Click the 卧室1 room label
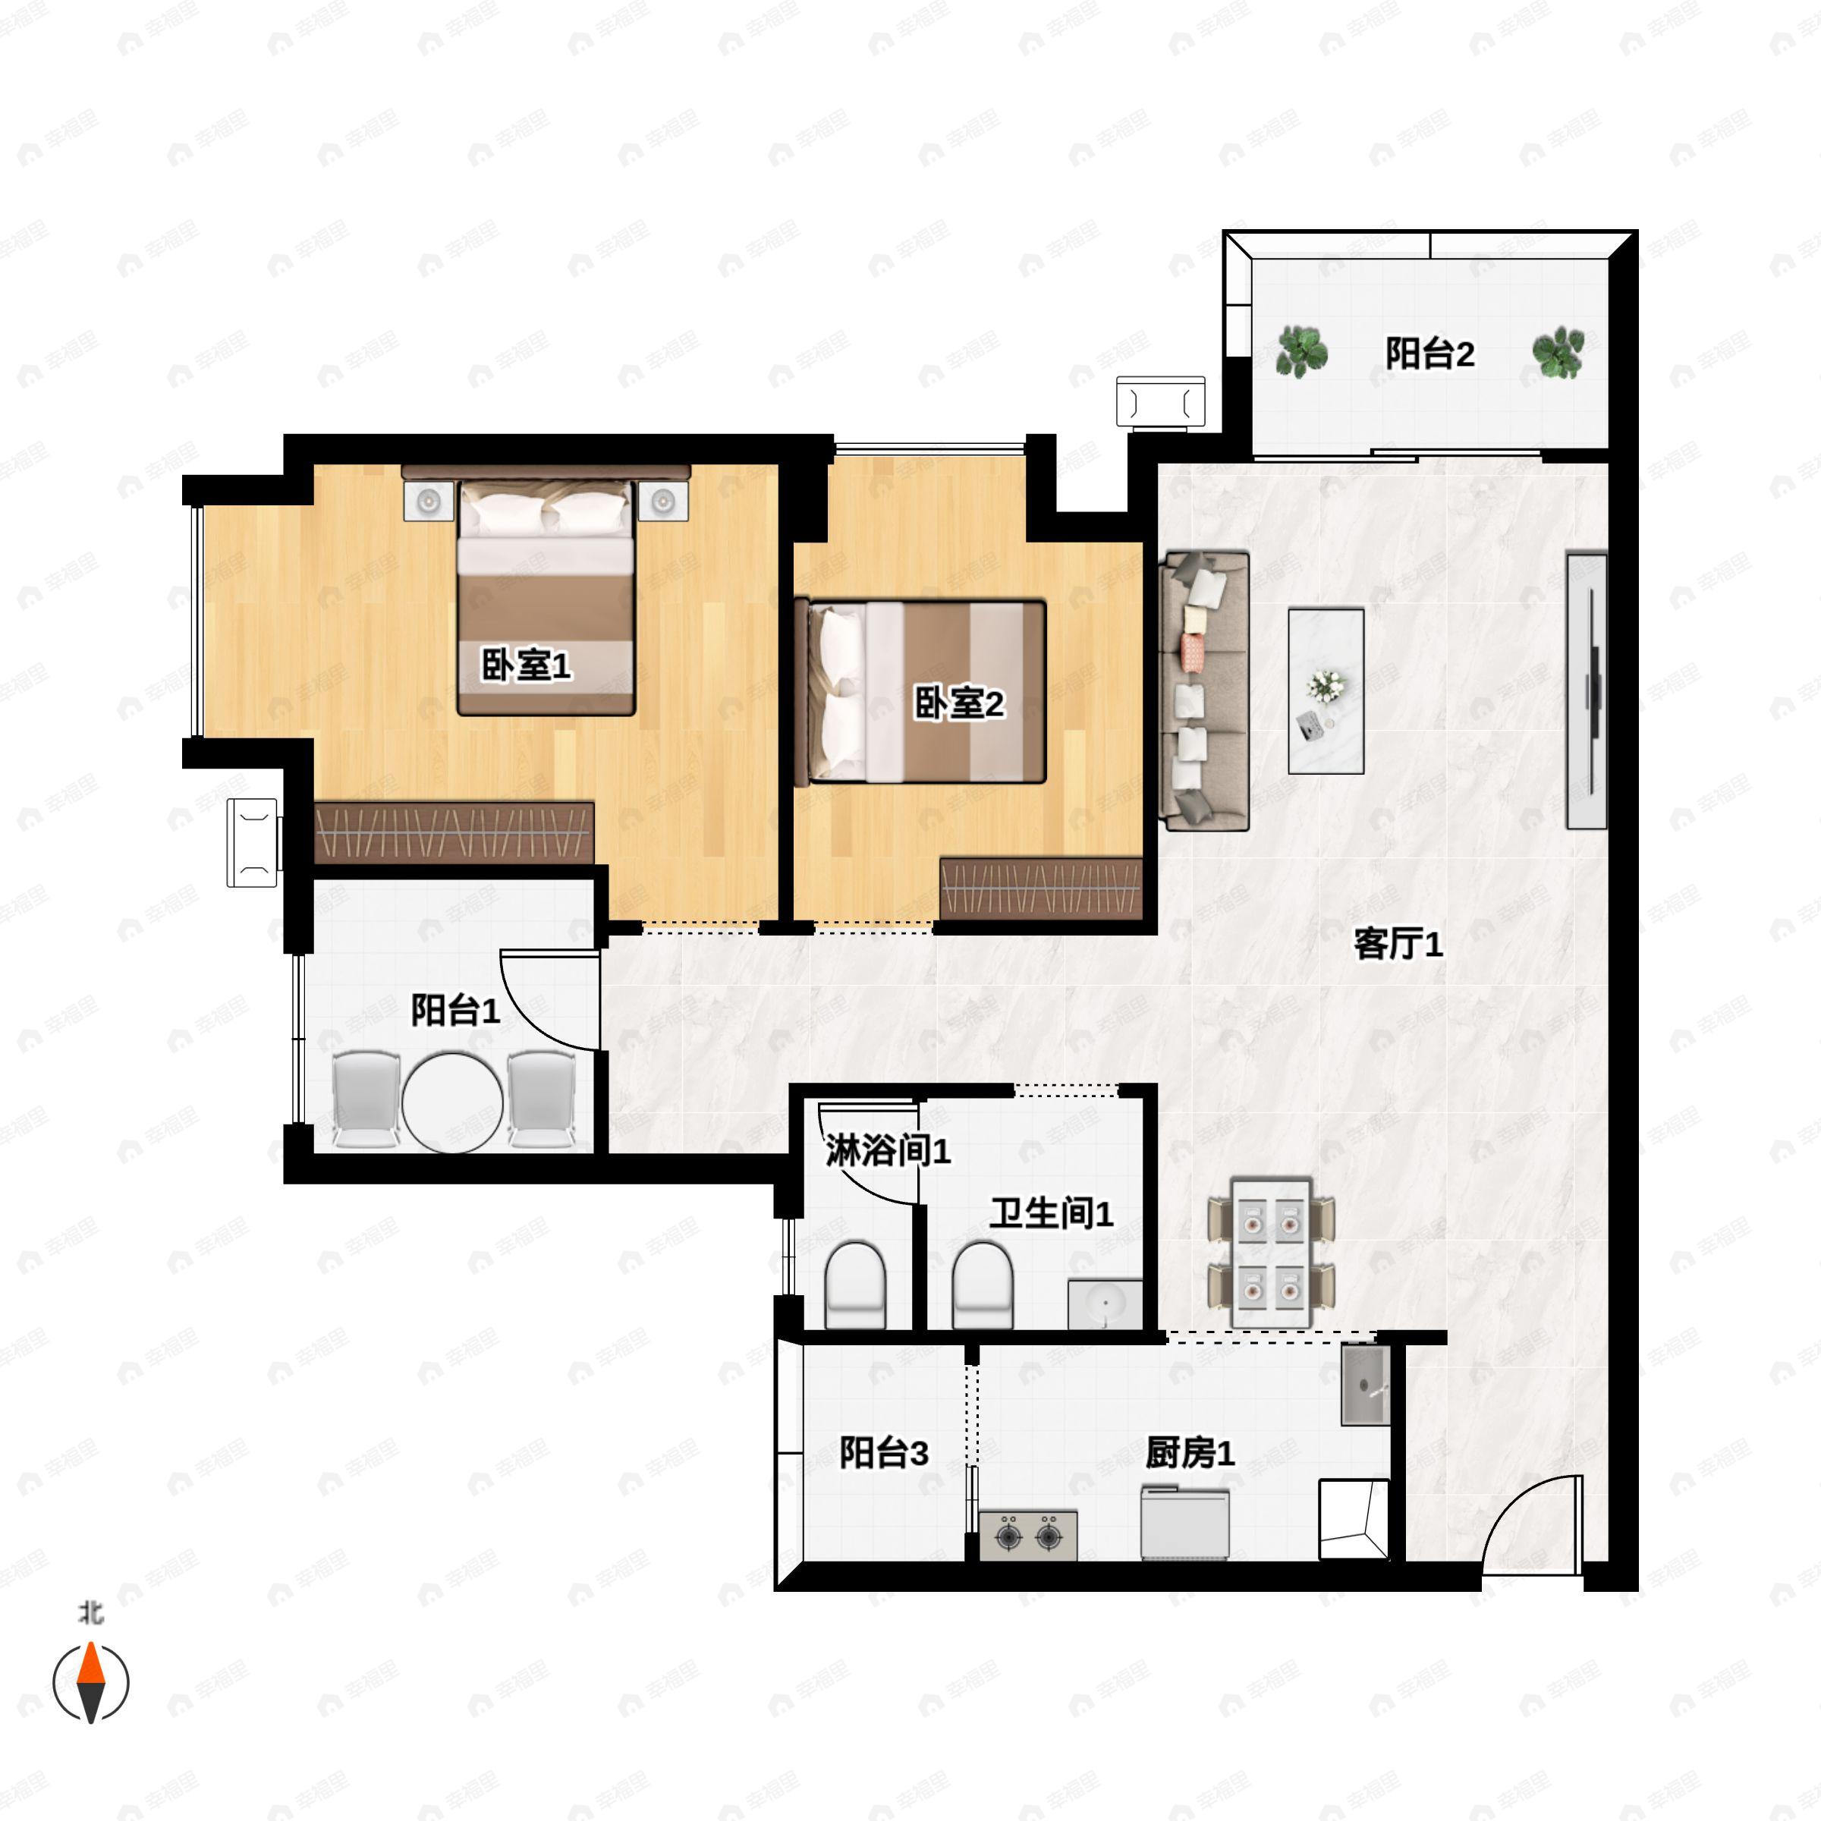coord(526,665)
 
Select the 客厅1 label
coord(1398,943)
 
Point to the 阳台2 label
coord(1429,354)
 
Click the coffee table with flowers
coord(1326,691)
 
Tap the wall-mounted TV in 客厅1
coord(1587,691)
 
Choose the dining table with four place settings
coord(1272,1253)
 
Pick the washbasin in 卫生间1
coord(1105,1304)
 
